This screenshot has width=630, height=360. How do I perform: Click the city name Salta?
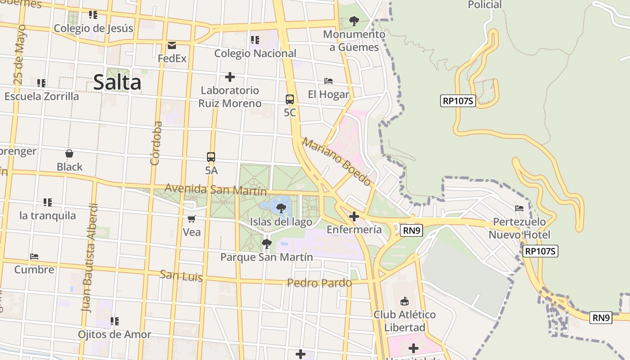[x=117, y=83]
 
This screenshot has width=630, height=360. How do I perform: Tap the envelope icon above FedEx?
[x=172, y=45]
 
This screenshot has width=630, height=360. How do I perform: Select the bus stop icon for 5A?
[x=211, y=157]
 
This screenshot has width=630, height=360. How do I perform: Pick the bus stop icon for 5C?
[x=290, y=99]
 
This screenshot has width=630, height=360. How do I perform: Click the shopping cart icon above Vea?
[x=192, y=219]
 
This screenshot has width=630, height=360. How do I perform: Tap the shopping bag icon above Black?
[x=69, y=154]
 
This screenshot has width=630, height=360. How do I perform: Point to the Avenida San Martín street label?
[x=216, y=189]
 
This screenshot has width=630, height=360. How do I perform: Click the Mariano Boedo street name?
[x=337, y=162]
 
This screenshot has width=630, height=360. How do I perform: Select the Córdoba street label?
[x=156, y=143]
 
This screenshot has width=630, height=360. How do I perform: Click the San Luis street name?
[x=181, y=275]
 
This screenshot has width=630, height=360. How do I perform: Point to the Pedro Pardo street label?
[x=319, y=283]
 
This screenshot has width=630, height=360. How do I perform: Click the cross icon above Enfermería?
[x=354, y=217]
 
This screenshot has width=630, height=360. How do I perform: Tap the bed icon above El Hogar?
[x=328, y=81]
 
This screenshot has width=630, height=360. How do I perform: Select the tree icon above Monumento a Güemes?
[x=354, y=21]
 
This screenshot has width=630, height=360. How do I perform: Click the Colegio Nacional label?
[x=255, y=54]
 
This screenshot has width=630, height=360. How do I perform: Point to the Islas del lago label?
[x=281, y=222]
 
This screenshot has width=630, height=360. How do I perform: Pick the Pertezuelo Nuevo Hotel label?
[x=519, y=228]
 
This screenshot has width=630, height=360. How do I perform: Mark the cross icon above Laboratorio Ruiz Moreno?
[x=230, y=77]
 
